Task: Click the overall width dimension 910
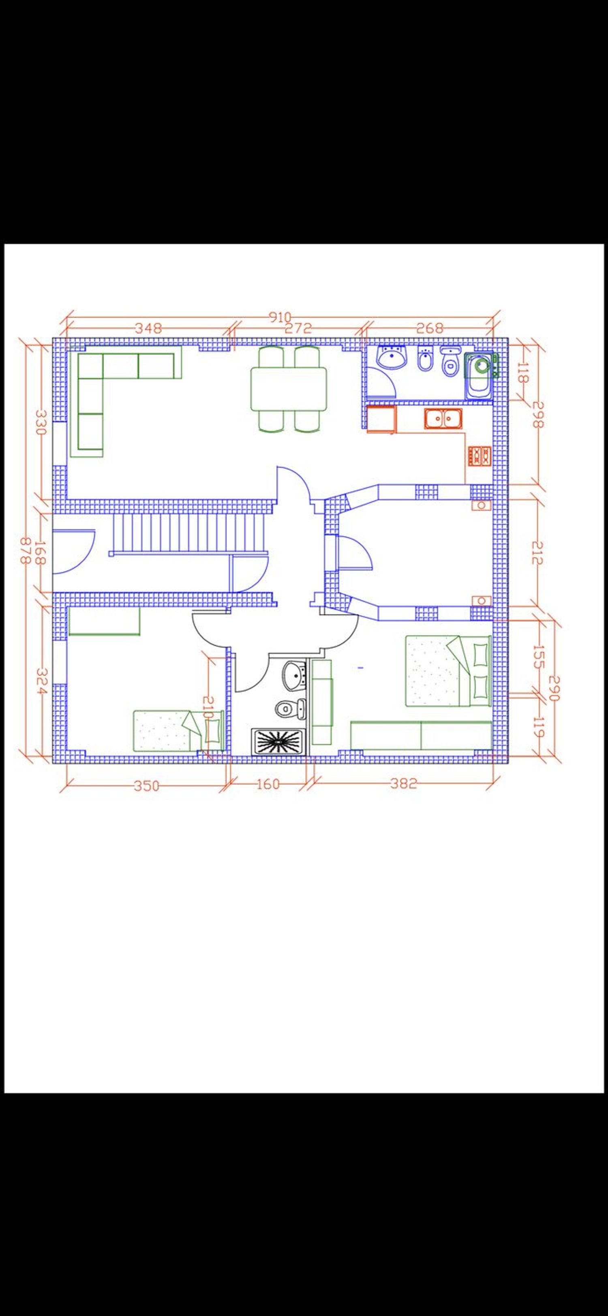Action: [280, 317]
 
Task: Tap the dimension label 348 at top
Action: [148, 328]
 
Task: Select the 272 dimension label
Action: [298, 328]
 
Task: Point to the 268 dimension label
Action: [430, 328]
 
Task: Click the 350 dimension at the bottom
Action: [147, 786]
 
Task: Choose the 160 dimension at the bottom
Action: [268, 784]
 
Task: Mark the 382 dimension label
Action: [404, 783]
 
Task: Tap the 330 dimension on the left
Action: [41, 422]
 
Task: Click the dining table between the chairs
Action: [289, 388]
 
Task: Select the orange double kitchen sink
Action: [443, 418]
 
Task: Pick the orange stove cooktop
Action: [479, 456]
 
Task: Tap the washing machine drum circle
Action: [481, 366]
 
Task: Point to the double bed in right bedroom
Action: [448, 671]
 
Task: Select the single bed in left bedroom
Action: [178, 730]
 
